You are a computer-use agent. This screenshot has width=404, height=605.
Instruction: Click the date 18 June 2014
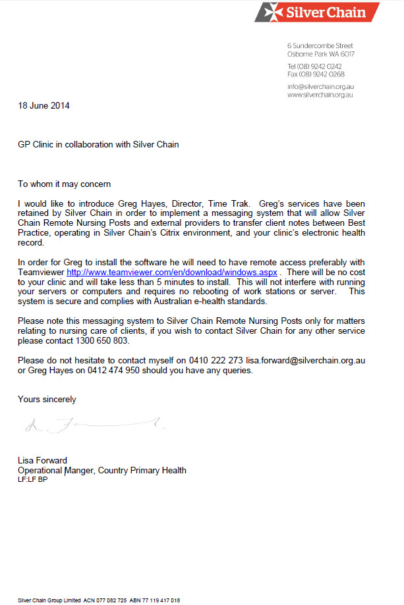[x=43, y=105]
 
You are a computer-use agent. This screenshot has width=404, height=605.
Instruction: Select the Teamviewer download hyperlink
[x=172, y=271]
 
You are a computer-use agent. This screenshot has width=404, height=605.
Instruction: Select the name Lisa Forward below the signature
[x=42, y=461]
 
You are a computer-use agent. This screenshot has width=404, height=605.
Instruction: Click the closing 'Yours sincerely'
[x=47, y=399]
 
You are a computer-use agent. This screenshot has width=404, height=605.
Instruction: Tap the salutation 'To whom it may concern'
[x=65, y=184]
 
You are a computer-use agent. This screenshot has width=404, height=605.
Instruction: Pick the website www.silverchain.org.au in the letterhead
[x=320, y=95]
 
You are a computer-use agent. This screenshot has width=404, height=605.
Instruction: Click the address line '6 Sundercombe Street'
[x=320, y=45]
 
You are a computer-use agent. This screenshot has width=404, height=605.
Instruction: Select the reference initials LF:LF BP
[x=32, y=480]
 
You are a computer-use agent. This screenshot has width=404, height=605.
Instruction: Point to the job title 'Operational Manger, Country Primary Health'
[x=102, y=471]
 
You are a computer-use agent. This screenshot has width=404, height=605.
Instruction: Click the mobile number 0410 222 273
[x=214, y=361]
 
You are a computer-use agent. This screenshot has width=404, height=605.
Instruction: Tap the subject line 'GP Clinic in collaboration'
[x=98, y=144]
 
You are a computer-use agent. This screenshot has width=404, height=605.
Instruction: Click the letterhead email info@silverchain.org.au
[x=320, y=87]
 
